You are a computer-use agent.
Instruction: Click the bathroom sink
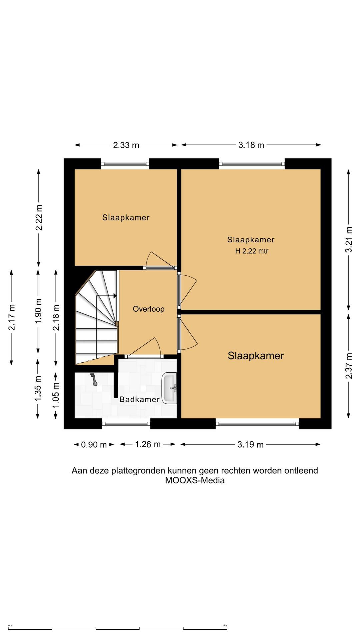(169, 388)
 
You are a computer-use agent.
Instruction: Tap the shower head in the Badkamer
(94, 380)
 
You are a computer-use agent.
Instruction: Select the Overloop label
(149, 309)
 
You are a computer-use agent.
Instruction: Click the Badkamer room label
(139, 399)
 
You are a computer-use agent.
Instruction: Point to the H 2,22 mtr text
(252, 251)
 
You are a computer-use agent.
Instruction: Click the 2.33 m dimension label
(126, 145)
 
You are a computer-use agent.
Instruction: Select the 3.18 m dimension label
(251, 145)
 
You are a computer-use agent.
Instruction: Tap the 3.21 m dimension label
(348, 240)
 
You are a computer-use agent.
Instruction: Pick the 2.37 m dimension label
(349, 366)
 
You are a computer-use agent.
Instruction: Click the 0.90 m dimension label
(94, 445)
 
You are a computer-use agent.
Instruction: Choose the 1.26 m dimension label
(148, 444)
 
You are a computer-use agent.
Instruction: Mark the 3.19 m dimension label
(251, 445)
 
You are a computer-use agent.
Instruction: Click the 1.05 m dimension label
(56, 395)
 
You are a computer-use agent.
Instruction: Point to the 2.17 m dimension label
(11, 317)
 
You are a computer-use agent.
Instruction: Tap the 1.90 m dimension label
(38, 311)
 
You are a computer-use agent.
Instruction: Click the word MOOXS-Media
(195, 480)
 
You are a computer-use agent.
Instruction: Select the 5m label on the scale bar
(225, 626)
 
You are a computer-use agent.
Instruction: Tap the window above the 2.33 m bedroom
(125, 164)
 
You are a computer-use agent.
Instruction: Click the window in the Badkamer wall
(126, 424)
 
